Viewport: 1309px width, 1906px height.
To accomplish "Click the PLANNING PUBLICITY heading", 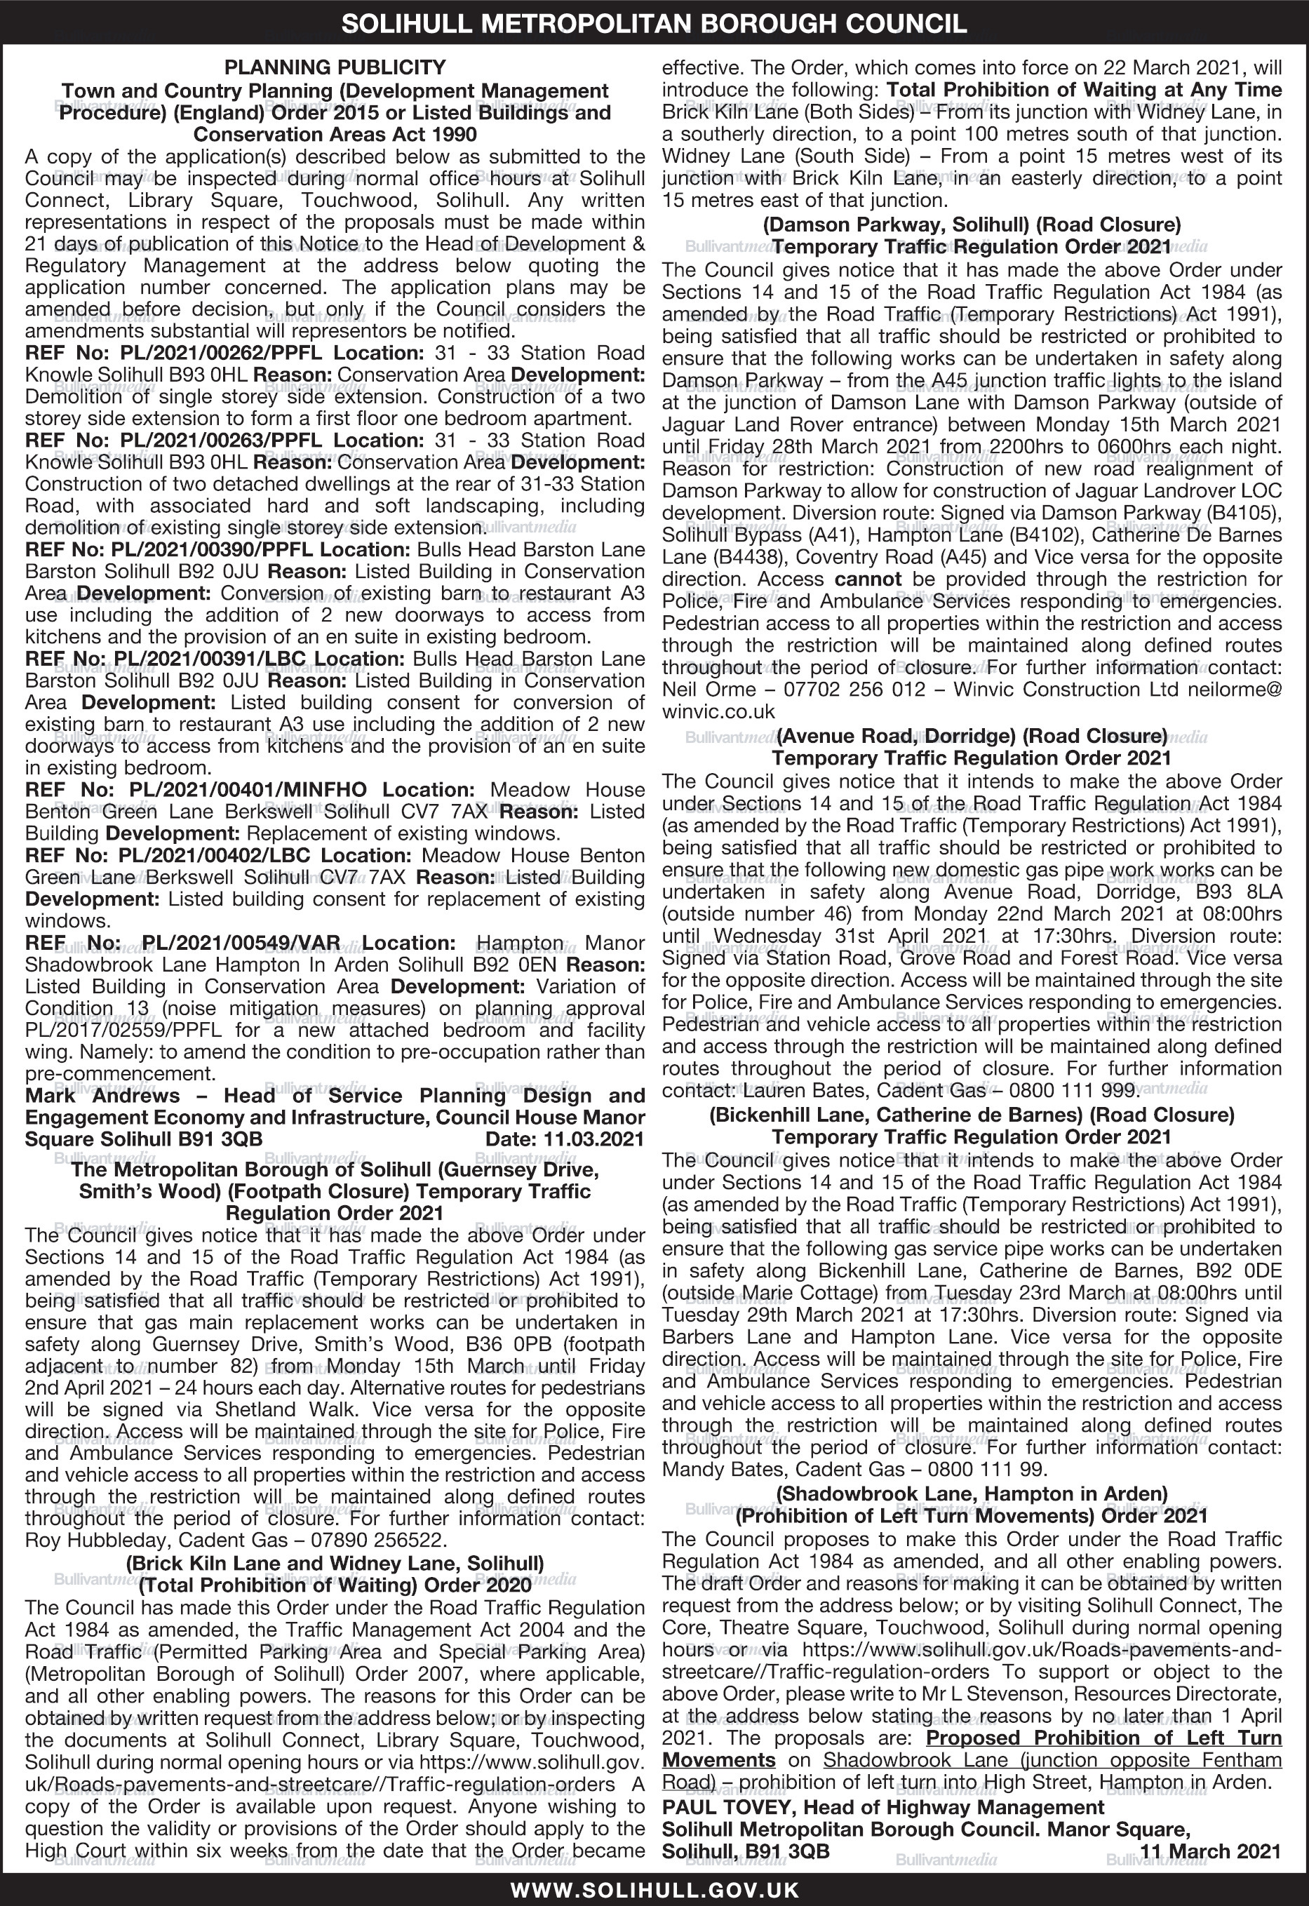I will [x=335, y=67].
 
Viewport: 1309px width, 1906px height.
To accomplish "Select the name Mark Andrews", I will [x=102, y=1096].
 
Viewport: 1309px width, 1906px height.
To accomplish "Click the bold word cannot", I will [x=868, y=579].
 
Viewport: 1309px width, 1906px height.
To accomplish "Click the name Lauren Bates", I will [x=817, y=1091].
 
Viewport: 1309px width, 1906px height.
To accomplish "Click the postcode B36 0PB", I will [x=524, y=1344].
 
